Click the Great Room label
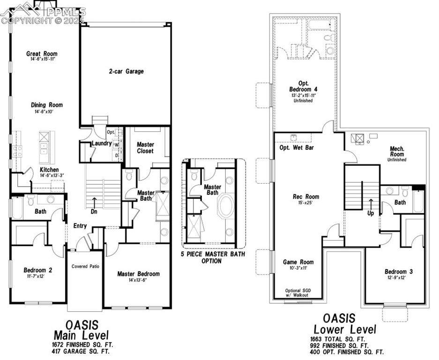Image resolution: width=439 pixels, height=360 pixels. click(x=42, y=54)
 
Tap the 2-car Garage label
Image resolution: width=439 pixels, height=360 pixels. click(x=126, y=72)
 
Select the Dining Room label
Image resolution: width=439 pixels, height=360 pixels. click(x=47, y=105)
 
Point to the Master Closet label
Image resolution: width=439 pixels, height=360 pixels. click(x=145, y=148)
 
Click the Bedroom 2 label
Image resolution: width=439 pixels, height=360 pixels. click(x=37, y=270)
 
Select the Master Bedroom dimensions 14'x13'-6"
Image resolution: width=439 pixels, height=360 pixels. click(x=138, y=280)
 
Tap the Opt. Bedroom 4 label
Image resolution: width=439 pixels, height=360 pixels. click(x=303, y=86)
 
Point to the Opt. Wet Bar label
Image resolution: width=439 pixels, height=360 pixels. click(x=297, y=148)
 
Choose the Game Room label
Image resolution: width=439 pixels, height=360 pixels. click(x=298, y=262)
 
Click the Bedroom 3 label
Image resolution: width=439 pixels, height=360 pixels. click(x=398, y=271)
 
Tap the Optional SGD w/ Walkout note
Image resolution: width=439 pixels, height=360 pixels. click(x=298, y=293)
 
